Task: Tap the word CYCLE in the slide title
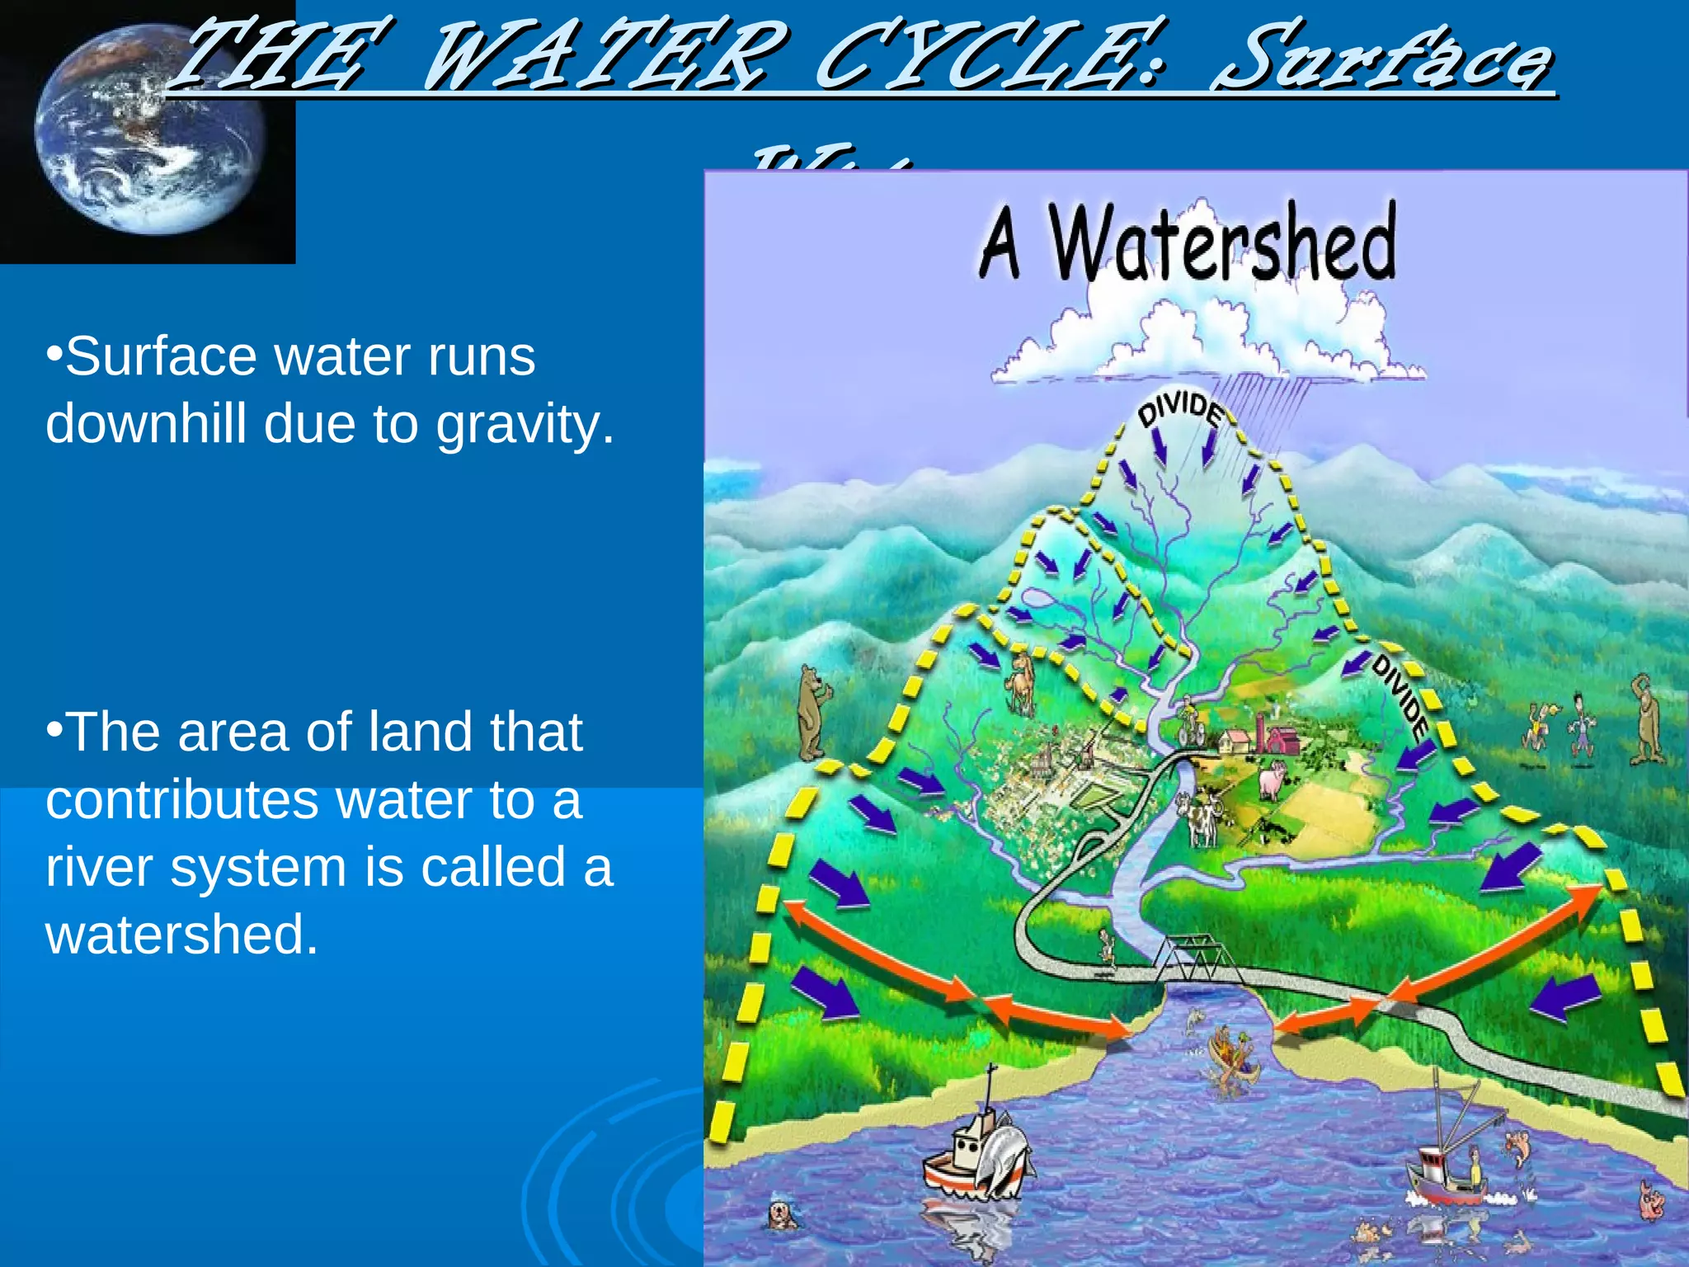tap(990, 58)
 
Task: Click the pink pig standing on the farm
tap(1271, 780)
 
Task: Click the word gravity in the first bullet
tap(525, 425)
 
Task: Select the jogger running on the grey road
tap(1107, 949)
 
